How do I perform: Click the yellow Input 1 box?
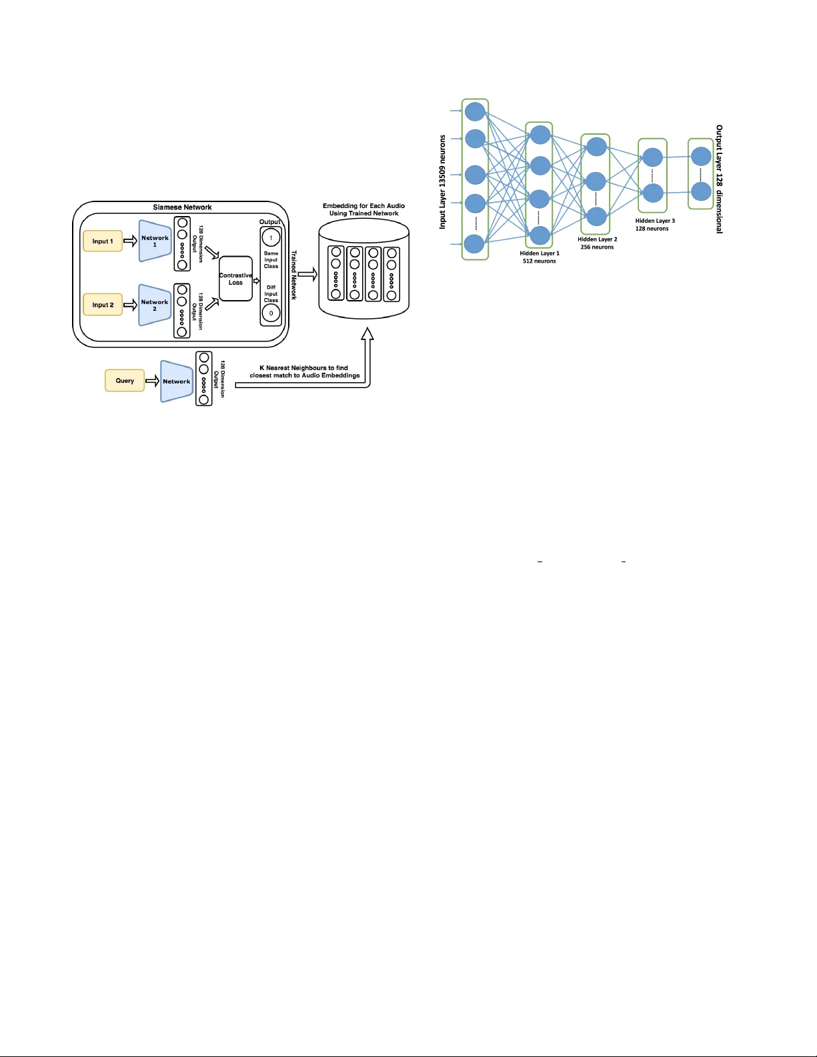tap(103, 241)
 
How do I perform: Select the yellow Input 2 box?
tap(103, 305)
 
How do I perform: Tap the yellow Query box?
tap(125, 381)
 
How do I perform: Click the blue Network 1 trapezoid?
tap(155, 241)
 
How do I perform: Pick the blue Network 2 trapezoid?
tap(155, 305)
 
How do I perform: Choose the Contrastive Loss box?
tap(235, 279)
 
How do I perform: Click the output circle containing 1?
tap(271, 237)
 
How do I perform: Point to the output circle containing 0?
tap(271, 313)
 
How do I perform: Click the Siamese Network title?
tap(182, 207)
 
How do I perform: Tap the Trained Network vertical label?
tap(293, 275)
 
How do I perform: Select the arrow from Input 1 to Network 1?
tap(130, 241)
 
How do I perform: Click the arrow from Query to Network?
tap(152, 381)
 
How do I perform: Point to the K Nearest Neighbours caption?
tap(304, 371)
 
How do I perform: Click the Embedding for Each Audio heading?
tap(363, 209)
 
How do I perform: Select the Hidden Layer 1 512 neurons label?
tap(540, 257)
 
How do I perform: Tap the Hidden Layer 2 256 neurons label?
tap(597, 243)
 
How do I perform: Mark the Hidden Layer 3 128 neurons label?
tap(654, 225)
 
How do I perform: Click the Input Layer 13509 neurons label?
tap(442, 182)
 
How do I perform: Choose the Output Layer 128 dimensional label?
tap(719, 179)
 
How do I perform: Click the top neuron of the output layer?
tap(701, 157)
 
